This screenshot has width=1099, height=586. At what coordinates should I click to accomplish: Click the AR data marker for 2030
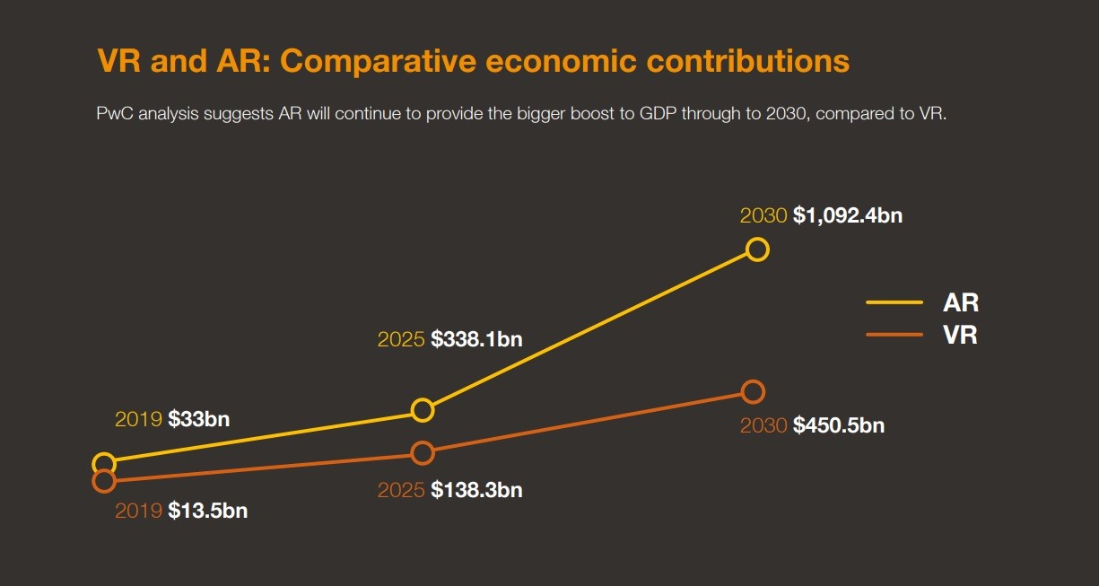pos(757,249)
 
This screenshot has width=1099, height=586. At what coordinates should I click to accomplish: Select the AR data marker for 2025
pos(423,410)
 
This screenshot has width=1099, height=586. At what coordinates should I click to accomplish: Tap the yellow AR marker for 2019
pos(104,464)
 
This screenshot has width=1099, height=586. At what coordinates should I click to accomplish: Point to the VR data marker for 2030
pos(754,391)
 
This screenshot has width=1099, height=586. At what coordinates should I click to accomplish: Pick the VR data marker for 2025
pos(423,453)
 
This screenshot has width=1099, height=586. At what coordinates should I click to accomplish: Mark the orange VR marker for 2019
pos(104,481)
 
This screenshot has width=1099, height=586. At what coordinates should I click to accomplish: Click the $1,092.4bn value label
pos(847,216)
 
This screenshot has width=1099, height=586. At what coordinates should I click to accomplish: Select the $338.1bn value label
pos(476,340)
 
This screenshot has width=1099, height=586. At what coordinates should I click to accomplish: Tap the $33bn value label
pos(198,419)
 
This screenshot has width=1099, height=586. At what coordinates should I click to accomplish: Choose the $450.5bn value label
pos(839,425)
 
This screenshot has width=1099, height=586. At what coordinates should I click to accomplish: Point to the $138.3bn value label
pos(476,491)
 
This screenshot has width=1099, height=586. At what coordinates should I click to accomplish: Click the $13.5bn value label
pos(207,512)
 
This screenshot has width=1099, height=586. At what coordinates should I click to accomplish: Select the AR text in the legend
pos(960,302)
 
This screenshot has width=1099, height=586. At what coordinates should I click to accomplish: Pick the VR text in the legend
pos(960,336)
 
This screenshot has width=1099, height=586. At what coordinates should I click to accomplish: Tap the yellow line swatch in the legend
pos(894,303)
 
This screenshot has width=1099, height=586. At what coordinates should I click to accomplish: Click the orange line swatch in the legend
pos(894,336)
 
